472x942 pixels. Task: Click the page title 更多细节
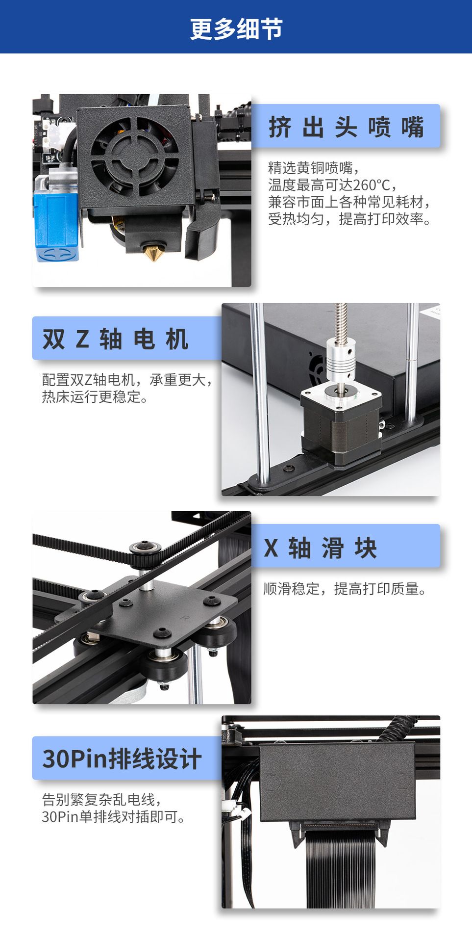[236, 28]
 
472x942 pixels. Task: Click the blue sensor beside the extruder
[55, 226]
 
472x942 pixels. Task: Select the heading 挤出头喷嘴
[346, 127]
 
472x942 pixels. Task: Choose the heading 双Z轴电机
[115, 339]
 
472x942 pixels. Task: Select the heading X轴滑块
[320, 548]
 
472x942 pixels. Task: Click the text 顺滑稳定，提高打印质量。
[345, 589]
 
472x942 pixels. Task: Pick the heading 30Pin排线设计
[122, 759]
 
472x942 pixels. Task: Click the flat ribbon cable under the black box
[340, 868]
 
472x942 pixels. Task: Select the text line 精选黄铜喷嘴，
[314, 168]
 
